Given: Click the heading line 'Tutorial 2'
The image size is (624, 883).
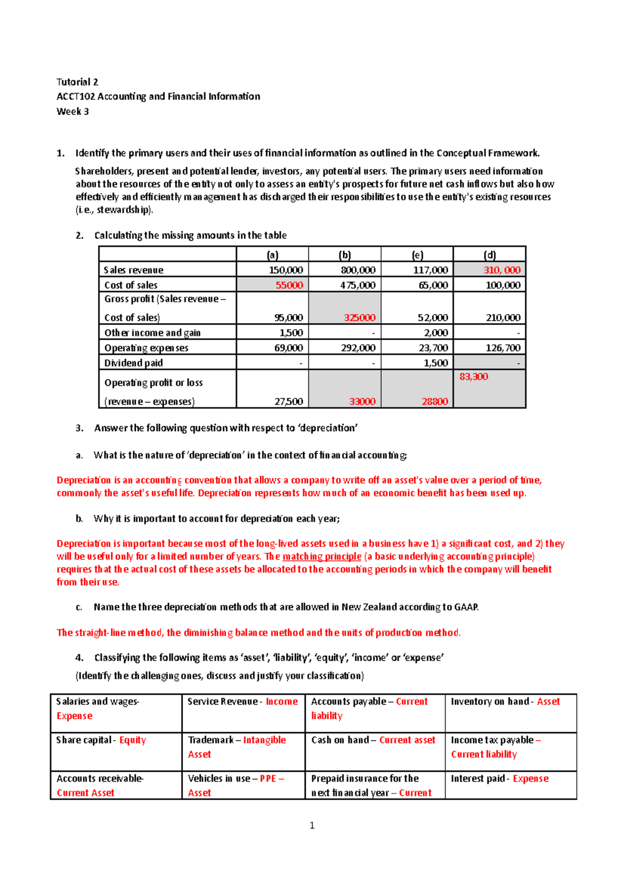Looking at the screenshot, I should tap(77, 82).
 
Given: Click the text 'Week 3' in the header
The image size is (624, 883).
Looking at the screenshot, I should tap(72, 111).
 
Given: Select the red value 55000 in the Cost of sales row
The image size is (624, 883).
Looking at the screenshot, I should tap(289, 285).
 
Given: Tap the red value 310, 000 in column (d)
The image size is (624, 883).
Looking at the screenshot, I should tap(502, 270).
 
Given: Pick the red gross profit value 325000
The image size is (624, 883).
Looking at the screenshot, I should tap(359, 318).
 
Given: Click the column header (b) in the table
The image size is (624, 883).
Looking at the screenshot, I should tap(344, 255).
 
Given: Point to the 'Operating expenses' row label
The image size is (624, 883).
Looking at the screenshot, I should tap(146, 348).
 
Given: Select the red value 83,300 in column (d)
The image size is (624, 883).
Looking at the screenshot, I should tap(473, 376).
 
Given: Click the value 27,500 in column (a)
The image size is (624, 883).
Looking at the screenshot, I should tap(289, 401).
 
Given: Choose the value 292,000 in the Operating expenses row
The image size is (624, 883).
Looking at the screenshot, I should tap(358, 348).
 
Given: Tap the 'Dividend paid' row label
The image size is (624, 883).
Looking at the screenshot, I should tap(133, 363).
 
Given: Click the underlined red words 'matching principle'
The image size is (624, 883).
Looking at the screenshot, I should tap(321, 556).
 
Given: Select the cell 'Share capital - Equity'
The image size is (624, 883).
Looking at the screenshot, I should tap(101, 740).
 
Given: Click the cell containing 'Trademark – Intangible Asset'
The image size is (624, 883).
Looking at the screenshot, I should tap(237, 747).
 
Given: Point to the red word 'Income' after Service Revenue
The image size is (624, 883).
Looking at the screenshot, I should tap(281, 702).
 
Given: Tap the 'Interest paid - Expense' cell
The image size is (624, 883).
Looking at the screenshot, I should tap(499, 778).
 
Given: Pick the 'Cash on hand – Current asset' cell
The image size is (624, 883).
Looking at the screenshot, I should tap(373, 740).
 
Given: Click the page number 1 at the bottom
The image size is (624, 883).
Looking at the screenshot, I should tap(312, 825).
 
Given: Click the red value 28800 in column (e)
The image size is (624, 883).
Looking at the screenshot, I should tap(435, 401).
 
